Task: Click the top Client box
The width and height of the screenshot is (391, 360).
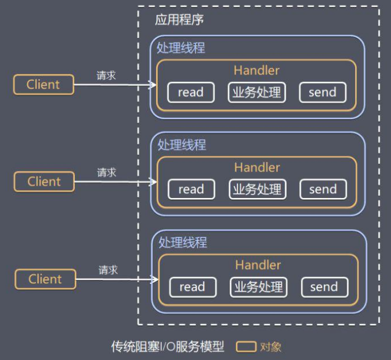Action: (44, 84)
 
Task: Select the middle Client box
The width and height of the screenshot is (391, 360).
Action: (44, 181)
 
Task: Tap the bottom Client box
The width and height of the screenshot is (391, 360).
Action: (45, 279)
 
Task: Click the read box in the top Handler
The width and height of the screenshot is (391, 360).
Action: (190, 93)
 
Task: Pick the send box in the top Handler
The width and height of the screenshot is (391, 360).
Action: (322, 93)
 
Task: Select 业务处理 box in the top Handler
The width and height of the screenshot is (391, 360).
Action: (256, 93)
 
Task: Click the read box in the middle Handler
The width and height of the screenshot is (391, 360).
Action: (191, 190)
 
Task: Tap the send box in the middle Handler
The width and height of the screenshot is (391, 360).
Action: (323, 190)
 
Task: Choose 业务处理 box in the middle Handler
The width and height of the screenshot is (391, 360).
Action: (257, 190)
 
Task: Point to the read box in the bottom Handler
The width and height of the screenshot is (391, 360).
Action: (192, 288)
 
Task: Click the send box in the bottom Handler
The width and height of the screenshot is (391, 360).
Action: (324, 288)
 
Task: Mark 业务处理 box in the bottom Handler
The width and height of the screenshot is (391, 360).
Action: (258, 288)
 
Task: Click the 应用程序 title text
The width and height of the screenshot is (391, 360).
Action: (179, 19)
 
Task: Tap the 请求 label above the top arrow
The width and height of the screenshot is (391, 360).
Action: (106, 75)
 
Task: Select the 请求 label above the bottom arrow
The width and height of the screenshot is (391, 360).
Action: (108, 270)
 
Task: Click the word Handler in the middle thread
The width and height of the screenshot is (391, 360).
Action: (257, 167)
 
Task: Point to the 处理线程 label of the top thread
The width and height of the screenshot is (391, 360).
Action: (181, 48)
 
